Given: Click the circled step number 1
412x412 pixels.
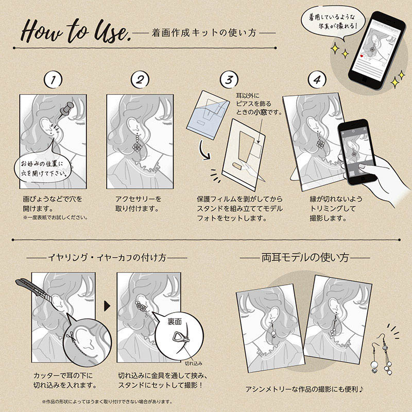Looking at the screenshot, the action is point(53,80).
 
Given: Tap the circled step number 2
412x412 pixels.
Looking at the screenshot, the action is point(140,80).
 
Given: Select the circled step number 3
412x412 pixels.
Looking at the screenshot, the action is point(229,80).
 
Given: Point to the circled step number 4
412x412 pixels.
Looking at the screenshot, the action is point(317,80).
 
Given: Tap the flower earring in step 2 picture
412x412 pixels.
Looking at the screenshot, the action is point(137,143).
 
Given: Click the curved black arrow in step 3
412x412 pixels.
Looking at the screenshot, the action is point(204,150).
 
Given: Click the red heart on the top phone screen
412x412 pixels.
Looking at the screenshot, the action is point(362,56).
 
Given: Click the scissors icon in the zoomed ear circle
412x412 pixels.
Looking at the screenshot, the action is point(70,336).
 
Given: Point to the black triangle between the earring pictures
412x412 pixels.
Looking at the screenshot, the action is point(107,306).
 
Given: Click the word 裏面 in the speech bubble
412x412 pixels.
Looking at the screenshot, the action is point(175,321).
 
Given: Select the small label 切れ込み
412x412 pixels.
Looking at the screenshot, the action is point(194,364).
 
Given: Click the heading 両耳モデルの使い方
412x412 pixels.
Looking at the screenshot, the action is point(305,258).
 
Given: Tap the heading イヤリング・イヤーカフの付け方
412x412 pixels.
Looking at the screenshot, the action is point(107,257).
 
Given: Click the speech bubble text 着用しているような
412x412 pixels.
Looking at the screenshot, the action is point(332,17).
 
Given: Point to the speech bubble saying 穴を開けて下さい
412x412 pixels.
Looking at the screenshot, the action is point(43,169).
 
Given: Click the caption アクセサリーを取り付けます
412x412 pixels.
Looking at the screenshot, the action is point(138,203).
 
